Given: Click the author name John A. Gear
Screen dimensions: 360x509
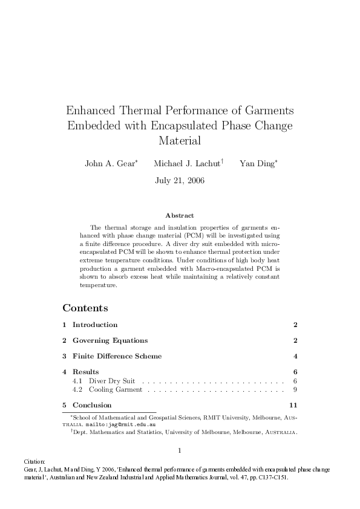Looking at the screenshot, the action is tap(110, 163).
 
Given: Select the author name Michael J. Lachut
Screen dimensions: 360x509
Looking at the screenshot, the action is tap(187, 163).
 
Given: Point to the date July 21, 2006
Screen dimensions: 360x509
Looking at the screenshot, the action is tap(180, 180).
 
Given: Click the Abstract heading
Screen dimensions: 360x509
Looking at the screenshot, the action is tap(180, 215).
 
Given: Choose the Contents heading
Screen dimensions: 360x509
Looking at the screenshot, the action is tap(85, 308).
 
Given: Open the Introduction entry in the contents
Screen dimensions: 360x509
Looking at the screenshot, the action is tap(95, 325).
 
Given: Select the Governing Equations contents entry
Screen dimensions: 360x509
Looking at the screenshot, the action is tap(110, 340).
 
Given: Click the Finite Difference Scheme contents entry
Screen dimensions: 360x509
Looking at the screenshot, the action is tap(117, 356).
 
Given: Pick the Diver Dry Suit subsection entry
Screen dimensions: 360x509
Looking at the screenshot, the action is tap(112, 381).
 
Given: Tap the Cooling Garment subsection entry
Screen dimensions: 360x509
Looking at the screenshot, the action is tap(116, 390).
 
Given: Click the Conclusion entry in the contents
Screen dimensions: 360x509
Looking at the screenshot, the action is tap(92, 405).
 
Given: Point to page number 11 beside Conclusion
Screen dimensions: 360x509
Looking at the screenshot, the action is tap(293, 405).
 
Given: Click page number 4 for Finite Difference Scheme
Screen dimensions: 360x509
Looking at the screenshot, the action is tap(295, 356).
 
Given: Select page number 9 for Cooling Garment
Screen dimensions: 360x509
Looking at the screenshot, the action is tap(295, 390).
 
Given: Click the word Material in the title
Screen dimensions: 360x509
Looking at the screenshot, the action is tap(180, 141).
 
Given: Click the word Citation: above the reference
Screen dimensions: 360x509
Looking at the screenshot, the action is tap(15, 461).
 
